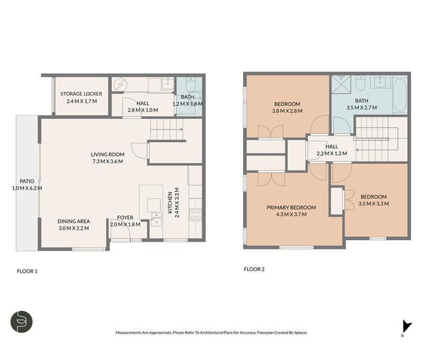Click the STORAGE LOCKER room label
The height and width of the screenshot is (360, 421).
coord(81,94)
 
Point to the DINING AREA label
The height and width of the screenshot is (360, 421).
coord(74,220)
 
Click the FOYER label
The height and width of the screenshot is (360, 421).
coord(125,217)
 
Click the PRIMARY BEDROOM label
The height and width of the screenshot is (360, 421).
coord(291,208)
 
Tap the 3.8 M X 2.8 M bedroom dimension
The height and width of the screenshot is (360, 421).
coord(288,110)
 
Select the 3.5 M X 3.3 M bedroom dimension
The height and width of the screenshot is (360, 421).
coord(374,203)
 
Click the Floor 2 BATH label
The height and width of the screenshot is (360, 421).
coord(362,101)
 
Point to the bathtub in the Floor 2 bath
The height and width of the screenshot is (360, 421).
coord(400,94)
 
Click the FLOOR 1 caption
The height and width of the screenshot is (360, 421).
coord(27,271)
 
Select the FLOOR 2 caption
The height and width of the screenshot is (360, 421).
coord(254,269)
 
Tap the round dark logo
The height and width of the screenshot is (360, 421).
coord(22,322)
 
